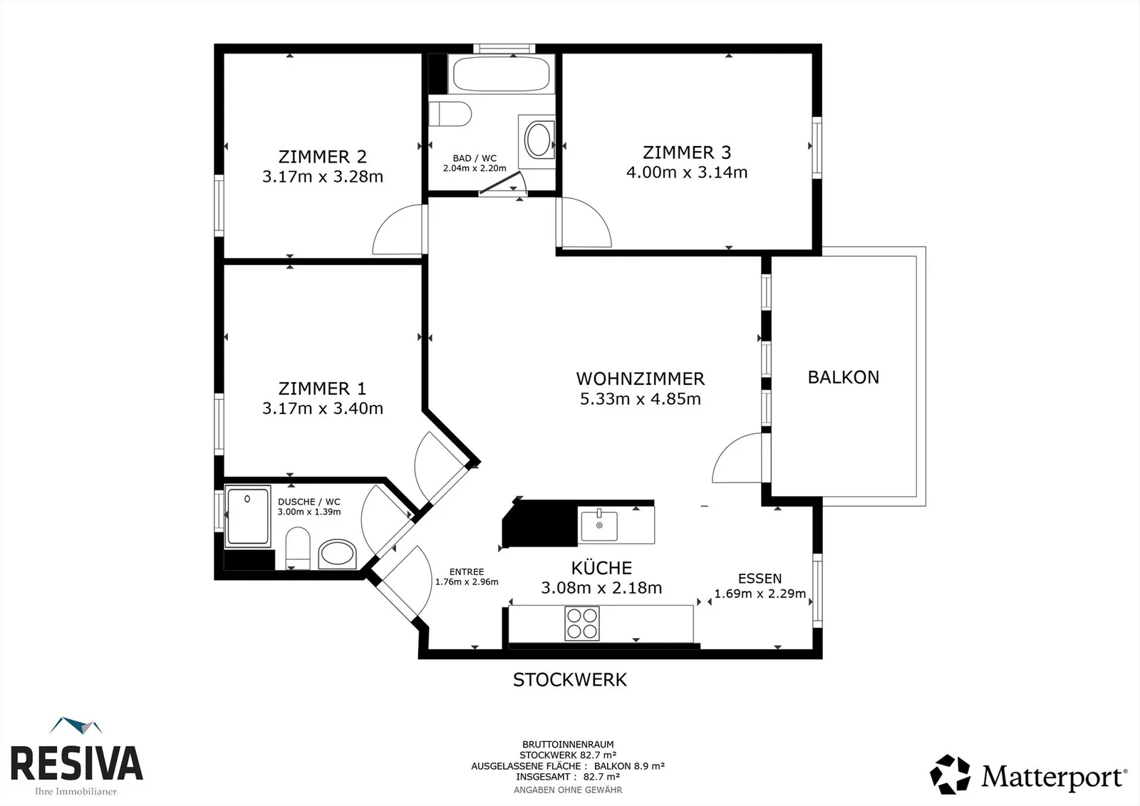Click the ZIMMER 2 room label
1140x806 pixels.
tap(322, 156)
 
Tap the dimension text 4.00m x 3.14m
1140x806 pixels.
tap(687, 172)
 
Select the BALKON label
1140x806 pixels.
tap(844, 377)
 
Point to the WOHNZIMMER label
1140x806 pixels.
tap(641, 379)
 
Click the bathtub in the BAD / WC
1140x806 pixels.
tap(502, 74)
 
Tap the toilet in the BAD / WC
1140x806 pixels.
tap(450, 113)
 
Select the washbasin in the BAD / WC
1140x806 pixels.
tap(537, 139)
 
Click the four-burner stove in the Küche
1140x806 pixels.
tap(581, 624)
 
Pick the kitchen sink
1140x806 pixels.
tap(599, 526)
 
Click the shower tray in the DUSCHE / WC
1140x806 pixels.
tap(248, 516)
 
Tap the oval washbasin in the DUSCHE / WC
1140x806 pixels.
tap(337, 554)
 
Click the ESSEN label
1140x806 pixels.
tap(760, 579)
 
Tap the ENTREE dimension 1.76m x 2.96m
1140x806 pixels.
tap(467, 582)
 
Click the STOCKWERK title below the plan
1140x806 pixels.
tap(569, 681)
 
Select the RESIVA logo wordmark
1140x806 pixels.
tap(77, 763)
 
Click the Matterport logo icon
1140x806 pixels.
tap(950, 775)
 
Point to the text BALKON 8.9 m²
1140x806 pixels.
tap(629, 766)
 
